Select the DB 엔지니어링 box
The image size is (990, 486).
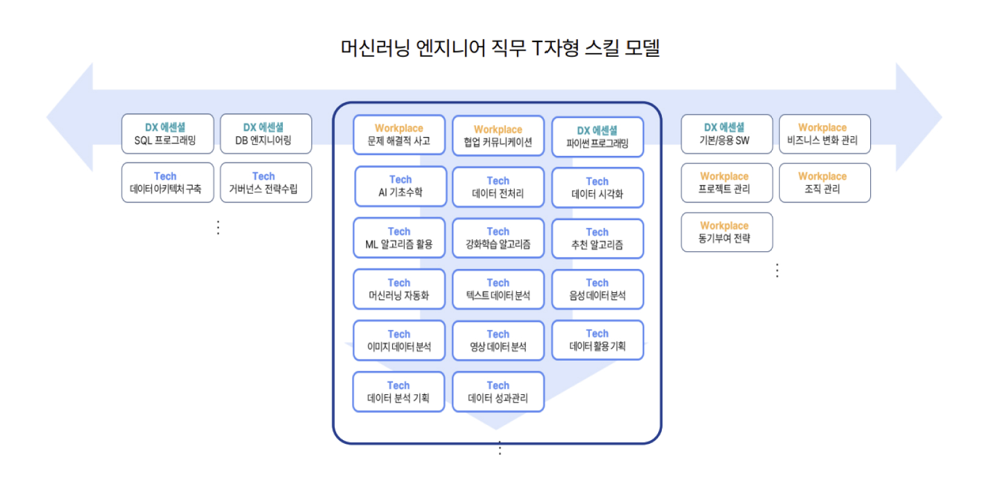click(266, 134)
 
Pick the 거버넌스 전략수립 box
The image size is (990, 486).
click(266, 183)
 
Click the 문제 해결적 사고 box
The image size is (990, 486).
click(399, 135)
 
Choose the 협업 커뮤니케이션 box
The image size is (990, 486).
click(498, 136)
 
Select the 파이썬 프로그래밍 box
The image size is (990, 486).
click(597, 138)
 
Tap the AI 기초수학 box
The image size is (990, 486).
click(400, 186)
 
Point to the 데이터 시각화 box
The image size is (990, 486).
click(597, 188)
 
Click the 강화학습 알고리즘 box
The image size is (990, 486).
click(498, 238)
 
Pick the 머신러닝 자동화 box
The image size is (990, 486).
click(399, 290)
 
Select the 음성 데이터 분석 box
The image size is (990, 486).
click(597, 290)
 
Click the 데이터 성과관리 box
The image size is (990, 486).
click(498, 392)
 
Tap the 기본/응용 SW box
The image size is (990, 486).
click(727, 134)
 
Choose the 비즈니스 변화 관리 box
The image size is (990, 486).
click(824, 134)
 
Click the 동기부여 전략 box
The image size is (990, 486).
click(727, 232)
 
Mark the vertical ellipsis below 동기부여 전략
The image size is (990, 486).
click(777, 270)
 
